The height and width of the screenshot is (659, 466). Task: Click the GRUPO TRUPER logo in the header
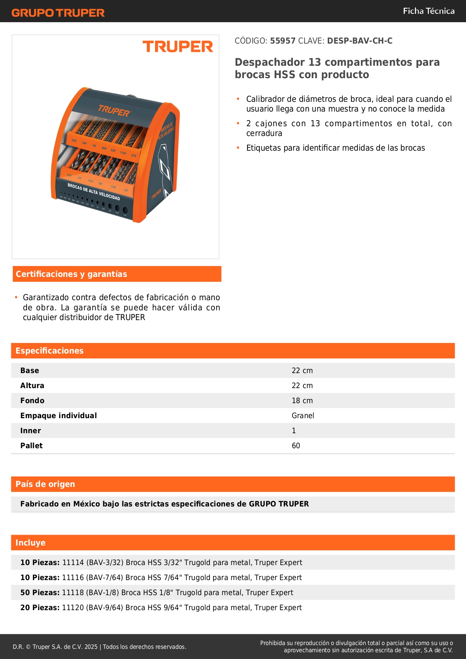tap(58, 13)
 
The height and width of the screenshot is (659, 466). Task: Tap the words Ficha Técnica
tap(428, 11)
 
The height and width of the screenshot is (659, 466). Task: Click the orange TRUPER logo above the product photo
tap(178, 47)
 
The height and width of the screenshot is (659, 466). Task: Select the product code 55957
tap(283, 41)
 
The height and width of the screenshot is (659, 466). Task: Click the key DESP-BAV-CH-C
tap(360, 41)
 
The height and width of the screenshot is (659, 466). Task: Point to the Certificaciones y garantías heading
tap(71, 274)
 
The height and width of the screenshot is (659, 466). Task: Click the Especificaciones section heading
tap(50, 351)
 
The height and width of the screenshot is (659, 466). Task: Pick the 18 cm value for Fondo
tap(302, 401)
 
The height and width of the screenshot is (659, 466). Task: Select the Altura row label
tap(32, 385)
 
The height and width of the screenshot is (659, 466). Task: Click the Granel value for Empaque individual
tap(303, 416)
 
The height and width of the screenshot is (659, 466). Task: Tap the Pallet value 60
tap(296, 446)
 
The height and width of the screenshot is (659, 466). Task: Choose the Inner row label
tap(30, 431)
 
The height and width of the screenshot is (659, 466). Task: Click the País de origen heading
tap(45, 484)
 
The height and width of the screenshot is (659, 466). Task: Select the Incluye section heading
tap(30, 543)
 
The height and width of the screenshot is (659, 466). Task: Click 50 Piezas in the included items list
tap(40, 592)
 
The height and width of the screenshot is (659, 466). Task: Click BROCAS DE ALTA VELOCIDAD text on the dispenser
tap(94, 192)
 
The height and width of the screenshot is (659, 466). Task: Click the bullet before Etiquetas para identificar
tap(238, 148)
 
